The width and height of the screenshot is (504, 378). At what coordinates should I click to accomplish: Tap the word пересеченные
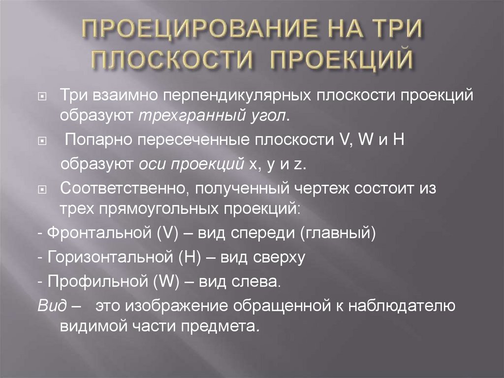click(190, 140)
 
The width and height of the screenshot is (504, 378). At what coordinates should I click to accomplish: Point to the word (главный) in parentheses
click(338, 232)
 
